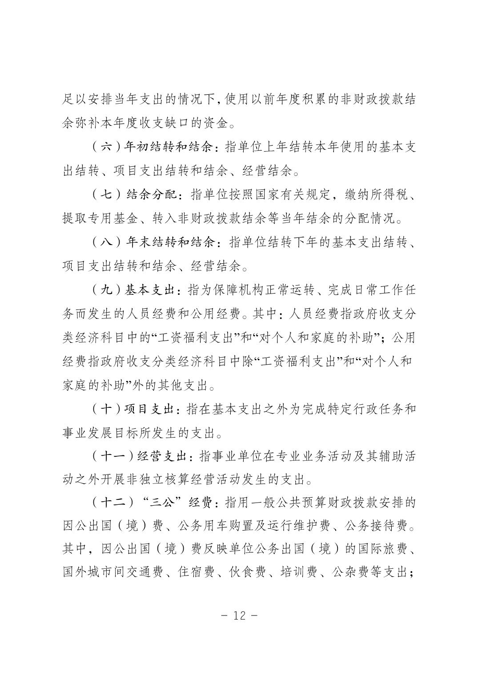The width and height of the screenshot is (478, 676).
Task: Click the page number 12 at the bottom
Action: pos(239,616)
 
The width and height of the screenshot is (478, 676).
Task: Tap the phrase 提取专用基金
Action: pos(100,219)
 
